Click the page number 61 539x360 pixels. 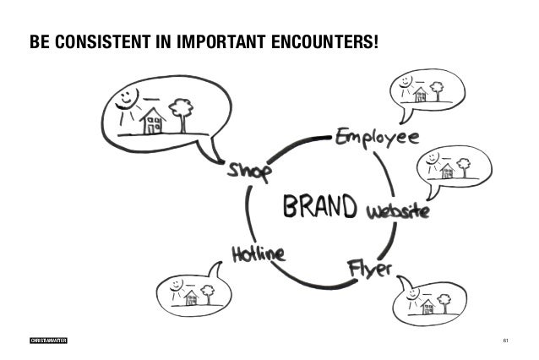(x=504, y=340)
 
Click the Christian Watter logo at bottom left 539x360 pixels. (x=47, y=340)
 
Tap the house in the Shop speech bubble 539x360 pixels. (x=153, y=119)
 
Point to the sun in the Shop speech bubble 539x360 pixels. (x=127, y=96)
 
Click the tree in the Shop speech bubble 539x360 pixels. (x=180, y=111)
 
